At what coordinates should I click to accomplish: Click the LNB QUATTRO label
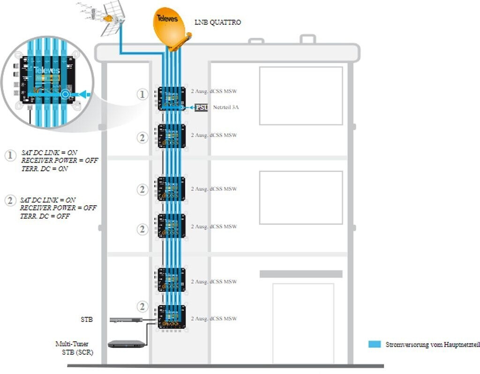[217, 22]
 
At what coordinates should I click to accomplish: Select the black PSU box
[202, 107]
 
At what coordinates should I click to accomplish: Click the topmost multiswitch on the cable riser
[171, 98]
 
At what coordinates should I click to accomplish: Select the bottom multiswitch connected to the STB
[171, 317]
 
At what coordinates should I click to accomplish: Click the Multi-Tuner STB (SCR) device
[126, 344]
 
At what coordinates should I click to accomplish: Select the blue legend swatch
[375, 344]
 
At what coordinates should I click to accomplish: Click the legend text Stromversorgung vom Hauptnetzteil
[432, 344]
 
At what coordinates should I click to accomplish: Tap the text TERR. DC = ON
[45, 169]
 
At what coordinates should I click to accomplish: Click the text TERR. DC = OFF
[45, 216]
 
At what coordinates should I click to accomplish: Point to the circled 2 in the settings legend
[10, 201]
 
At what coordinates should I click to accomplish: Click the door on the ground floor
[303, 323]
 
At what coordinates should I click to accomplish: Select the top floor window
[301, 96]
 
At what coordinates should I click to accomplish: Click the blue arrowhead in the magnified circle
[83, 94]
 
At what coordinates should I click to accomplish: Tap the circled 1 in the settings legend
[10, 155]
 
